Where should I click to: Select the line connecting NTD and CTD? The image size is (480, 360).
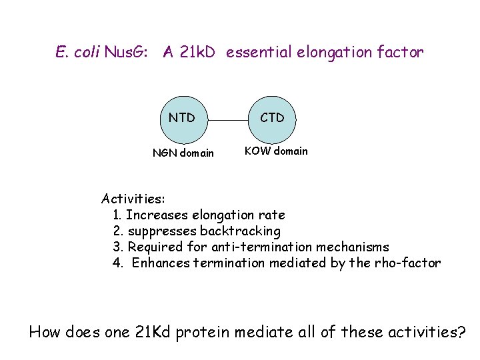[227, 121]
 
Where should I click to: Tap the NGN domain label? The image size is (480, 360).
[183, 153]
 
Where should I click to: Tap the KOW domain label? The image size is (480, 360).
[276, 151]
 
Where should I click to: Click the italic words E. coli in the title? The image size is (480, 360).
[78, 53]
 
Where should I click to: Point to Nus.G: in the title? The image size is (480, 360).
[129, 53]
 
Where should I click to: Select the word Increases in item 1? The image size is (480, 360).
[157, 215]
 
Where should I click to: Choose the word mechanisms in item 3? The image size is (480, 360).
[353, 247]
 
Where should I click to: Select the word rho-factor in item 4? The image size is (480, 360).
[408, 263]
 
